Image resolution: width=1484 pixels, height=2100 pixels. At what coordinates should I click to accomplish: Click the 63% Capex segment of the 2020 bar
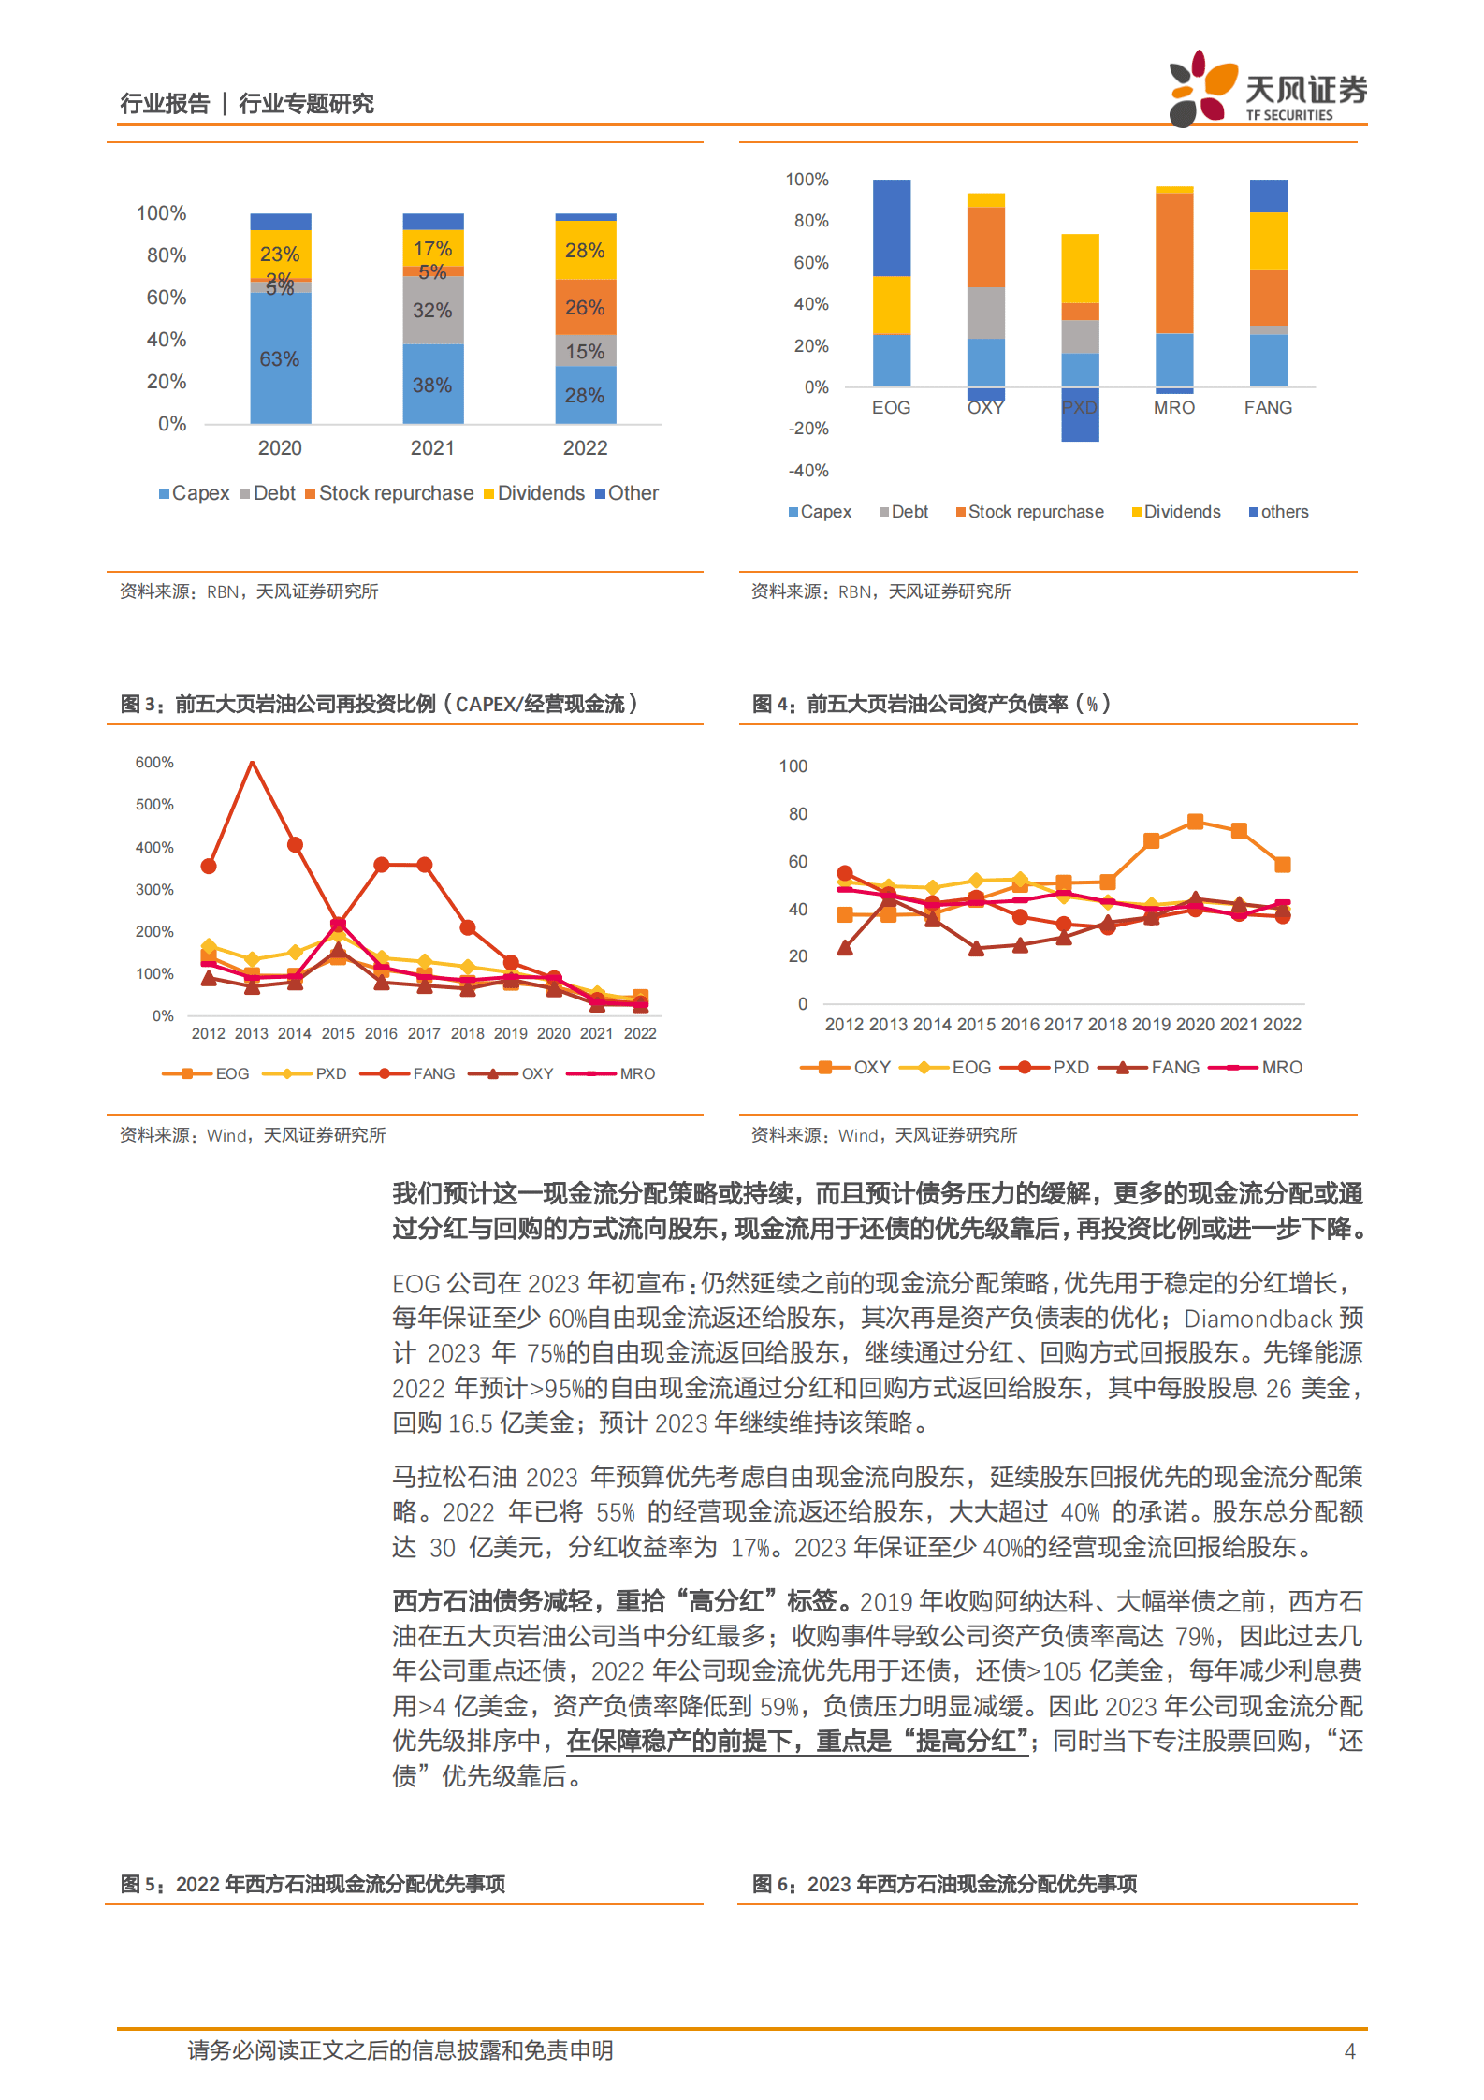click(280, 358)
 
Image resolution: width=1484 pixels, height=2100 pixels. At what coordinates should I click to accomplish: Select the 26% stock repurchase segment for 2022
click(585, 307)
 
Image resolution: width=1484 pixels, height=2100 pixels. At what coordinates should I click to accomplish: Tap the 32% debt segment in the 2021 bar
click(432, 310)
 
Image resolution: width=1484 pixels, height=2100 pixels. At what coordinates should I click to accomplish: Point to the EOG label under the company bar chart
click(891, 408)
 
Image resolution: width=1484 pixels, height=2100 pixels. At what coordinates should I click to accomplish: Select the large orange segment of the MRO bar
click(1174, 263)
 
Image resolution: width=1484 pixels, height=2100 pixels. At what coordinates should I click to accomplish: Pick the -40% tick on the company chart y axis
click(808, 471)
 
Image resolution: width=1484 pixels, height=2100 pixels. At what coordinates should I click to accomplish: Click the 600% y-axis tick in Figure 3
click(154, 763)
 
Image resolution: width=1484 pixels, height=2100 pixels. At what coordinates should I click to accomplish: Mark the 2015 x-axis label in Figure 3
click(338, 1034)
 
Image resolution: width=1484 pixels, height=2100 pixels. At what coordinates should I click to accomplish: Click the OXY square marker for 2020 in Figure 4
click(1195, 822)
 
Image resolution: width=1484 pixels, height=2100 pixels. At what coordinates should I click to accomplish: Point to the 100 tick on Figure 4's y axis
click(793, 766)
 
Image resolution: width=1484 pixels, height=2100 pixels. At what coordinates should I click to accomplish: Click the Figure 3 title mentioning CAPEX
click(379, 704)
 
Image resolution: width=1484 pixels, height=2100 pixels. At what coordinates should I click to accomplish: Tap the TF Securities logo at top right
click(1267, 90)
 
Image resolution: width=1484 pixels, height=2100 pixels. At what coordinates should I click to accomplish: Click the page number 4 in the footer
click(1349, 2051)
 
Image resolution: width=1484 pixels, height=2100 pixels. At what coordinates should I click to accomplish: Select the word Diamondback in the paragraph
click(1258, 1319)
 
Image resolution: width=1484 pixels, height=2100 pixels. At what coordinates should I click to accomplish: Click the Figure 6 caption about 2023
click(945, 1884)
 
